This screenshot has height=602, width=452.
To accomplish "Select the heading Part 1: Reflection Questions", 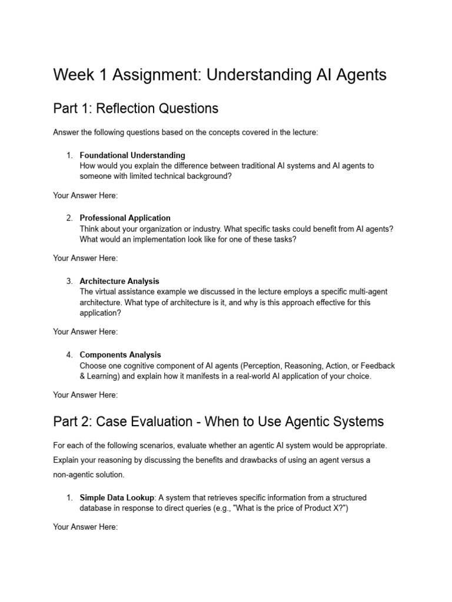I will click(135, 108).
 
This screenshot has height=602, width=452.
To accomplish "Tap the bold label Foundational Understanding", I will click(132, 155).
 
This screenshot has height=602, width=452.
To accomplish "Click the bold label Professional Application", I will click(125, 218).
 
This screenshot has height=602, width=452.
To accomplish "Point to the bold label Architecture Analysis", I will click(119, 281).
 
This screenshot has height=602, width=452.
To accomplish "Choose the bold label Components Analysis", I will click(120, 354).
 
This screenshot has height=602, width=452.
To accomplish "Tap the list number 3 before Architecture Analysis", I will click(69, 281).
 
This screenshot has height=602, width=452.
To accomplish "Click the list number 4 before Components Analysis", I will click(69, 354).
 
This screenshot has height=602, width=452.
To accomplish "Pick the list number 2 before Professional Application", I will click(69, 218).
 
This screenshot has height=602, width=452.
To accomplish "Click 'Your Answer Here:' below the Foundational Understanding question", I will click(85, 195).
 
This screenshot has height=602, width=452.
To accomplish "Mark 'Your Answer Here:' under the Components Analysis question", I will click(85, 394).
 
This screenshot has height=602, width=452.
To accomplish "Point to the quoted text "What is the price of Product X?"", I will click(291, 508).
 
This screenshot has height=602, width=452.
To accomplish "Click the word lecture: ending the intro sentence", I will click(304, 132).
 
